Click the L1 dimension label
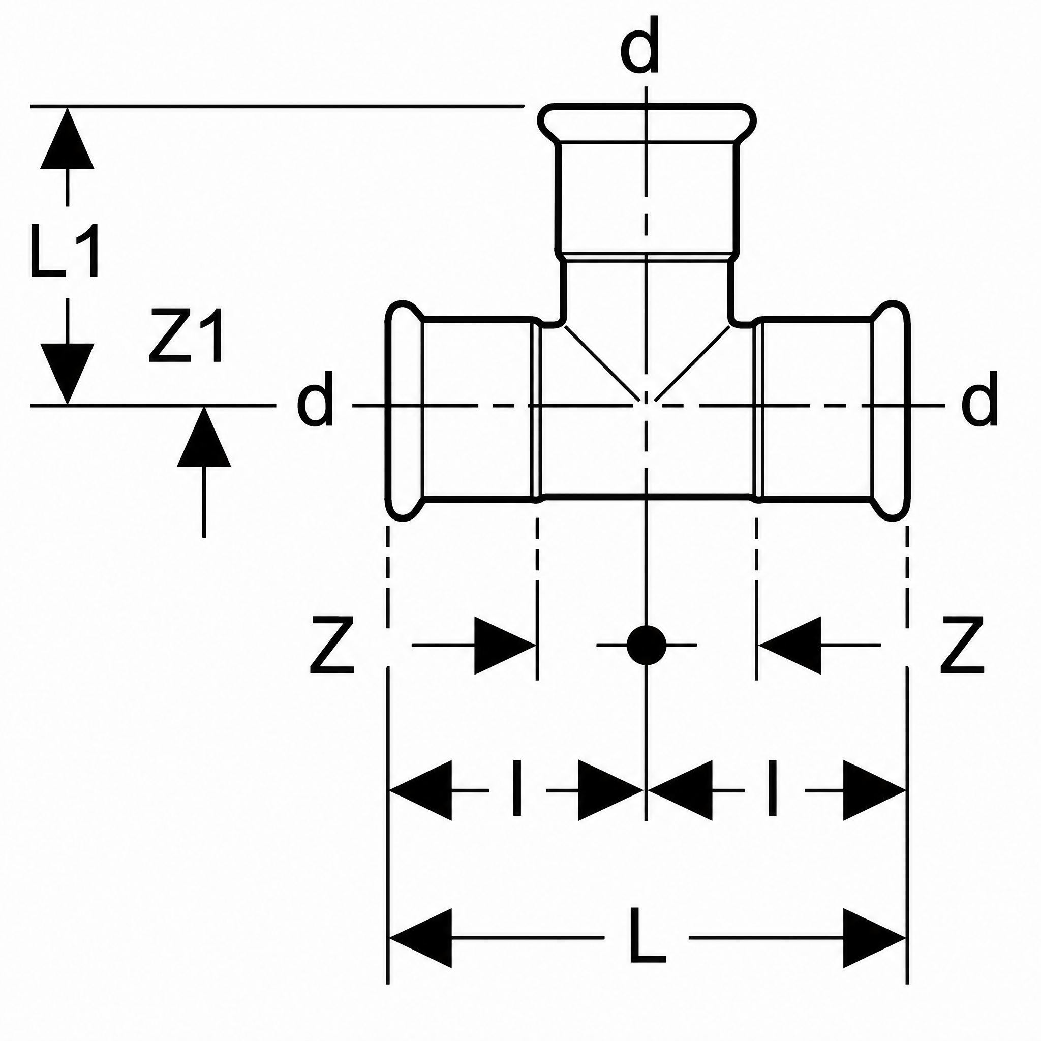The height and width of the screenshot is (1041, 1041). (65, 251)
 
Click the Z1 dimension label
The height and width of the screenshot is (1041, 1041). (187, 335)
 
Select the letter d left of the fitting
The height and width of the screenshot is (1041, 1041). (315, 399)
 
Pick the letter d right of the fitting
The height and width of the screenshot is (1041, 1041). (979, 399)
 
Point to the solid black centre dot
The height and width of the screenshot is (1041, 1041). (647, 645)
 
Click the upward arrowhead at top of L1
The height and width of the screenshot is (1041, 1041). (68, 138)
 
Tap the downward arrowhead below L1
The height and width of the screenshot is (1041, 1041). (68, 374)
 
